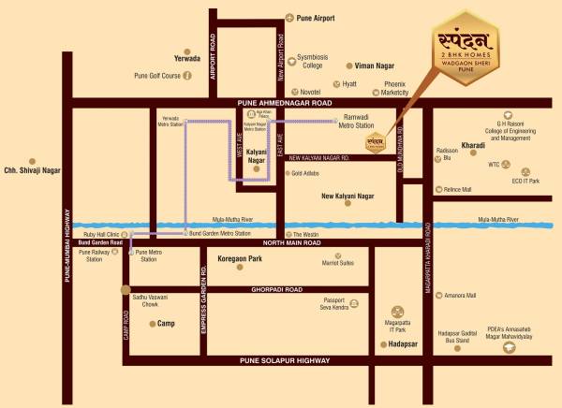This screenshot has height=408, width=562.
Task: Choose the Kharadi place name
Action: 473,146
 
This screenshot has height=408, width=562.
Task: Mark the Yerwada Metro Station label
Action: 170,122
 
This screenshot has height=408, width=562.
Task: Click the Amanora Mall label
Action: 459,296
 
